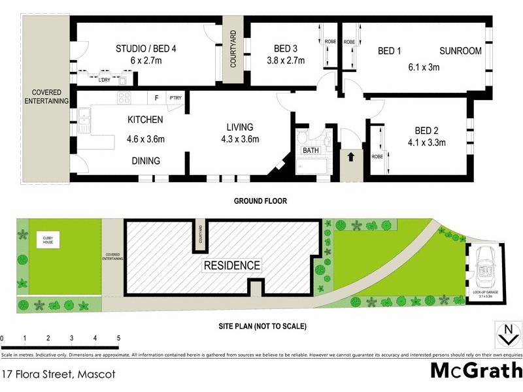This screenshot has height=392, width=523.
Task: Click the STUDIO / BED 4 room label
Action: [x=146, y=48]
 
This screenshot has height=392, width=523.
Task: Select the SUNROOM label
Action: [x=460, y=51]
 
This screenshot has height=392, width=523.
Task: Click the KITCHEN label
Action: [x=145, y=120]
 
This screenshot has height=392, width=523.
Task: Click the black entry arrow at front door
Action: [x=350, y=157]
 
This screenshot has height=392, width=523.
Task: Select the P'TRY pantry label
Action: [x=176, y=99]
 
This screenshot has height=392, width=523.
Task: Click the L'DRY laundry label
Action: [x=104, y=80]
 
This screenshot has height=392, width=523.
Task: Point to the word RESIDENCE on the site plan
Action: [x=232, y=266]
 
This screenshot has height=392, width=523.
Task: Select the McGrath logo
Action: [x=476, y=370]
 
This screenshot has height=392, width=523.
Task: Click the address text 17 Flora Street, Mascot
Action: [x=58, y=374]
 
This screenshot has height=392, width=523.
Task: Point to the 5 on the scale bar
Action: [x=118, y=338]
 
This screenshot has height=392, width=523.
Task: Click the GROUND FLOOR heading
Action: [x=260, y=201]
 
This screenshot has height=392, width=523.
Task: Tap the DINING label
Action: [x=146, y=161]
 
